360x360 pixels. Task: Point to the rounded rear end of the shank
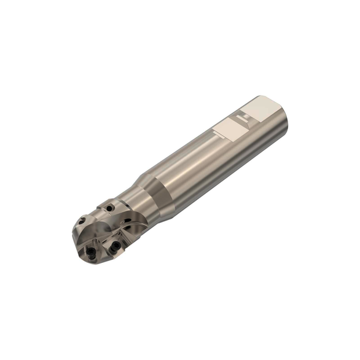click(284, 123)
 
